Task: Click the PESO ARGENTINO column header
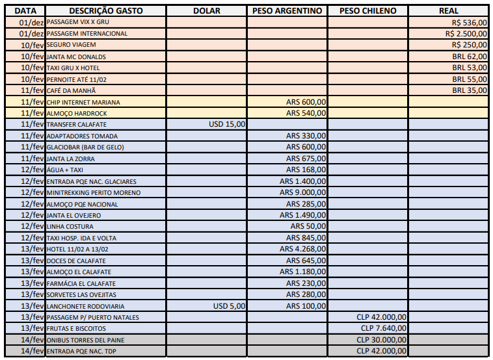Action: pyautogui.click(x=287, y=11)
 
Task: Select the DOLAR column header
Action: pyautogui.click(x=207, y=11)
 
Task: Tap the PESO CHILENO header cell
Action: pyautogui.click(x=367, y=11)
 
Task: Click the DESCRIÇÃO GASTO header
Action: pyautogui.click(x=105, y=11)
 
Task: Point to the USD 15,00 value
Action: pyautogui.click(x=227, y=124)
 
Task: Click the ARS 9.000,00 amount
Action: pyautogui.click(x=302, y=192)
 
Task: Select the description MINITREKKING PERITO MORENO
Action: pyautogui.click(x=94, y=193)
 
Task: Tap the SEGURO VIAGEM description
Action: pyautogui.click(x=72, y=45)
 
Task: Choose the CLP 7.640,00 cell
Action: pyautogui.click(x=384, y=328)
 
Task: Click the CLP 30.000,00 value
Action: pyautogui.click(x=382, y=340)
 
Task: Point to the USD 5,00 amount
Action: pyautogui.click(x=230, y=305)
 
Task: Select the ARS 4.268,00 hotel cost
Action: pyautogui.click(x=302, y=249)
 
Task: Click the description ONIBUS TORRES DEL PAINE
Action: pyautogui.click(x=85, y=340)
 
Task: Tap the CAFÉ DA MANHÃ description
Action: pyautogui.click(x=71, y=90)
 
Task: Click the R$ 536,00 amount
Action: pyautogui.click(x=470, y=22)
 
